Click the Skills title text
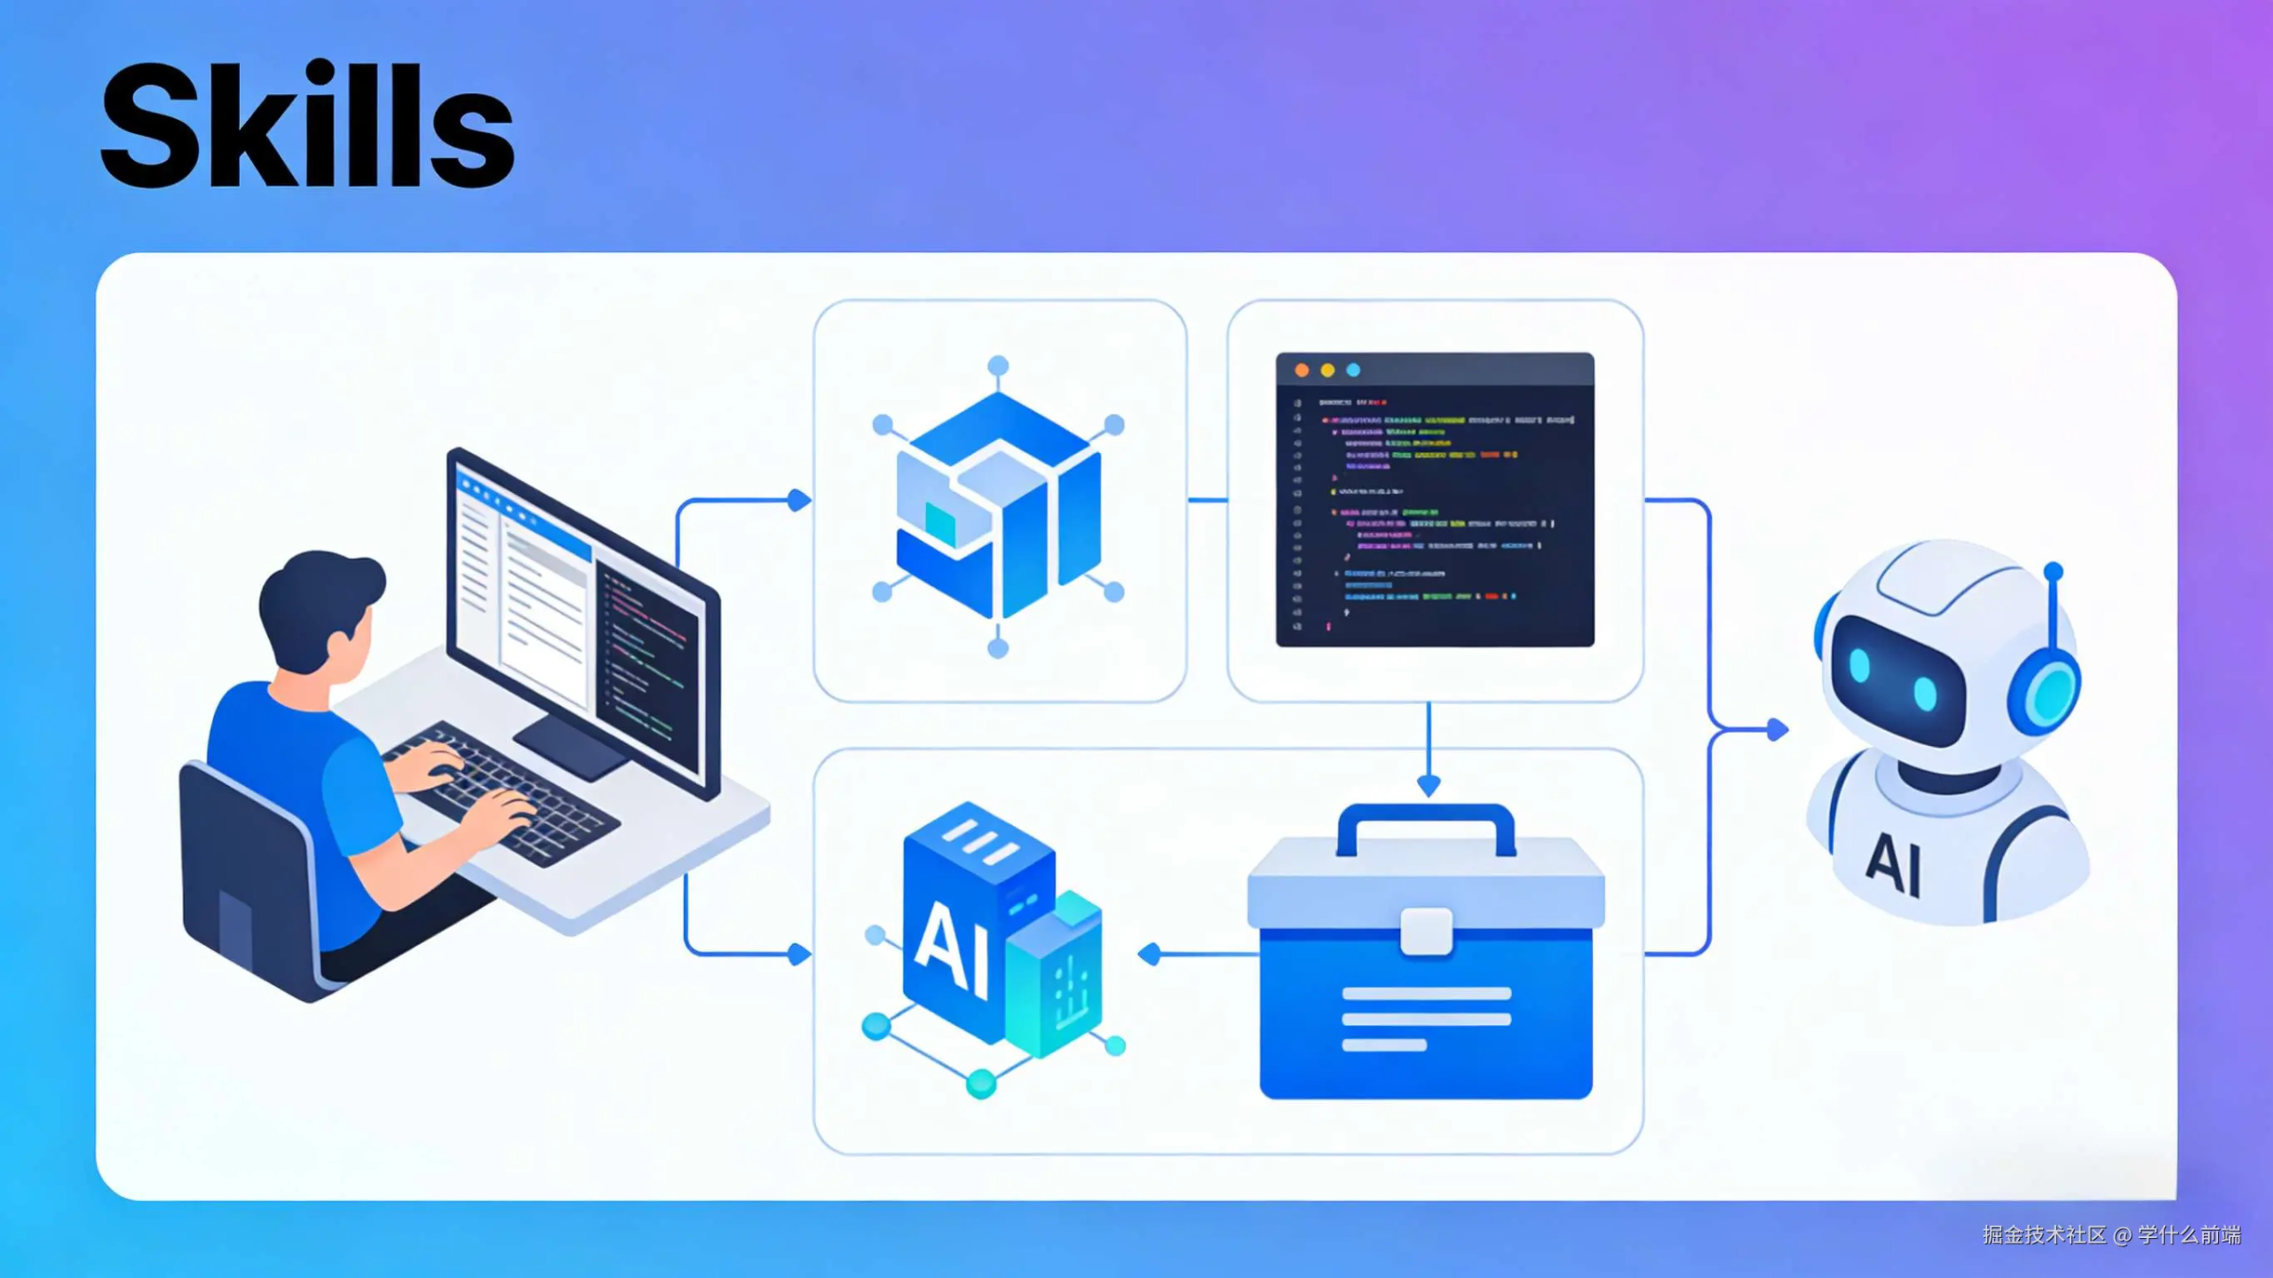307,126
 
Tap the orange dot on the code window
1302,370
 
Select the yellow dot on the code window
1327,370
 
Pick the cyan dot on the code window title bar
1353,370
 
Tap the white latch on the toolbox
1426,931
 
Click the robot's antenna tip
2053,570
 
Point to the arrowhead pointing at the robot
1778,730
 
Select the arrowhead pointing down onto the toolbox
1429,785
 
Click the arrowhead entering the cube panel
800,501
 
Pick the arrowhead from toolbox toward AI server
1150,955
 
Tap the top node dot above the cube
998,366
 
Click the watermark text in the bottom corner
2111,1235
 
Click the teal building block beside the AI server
1057,977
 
